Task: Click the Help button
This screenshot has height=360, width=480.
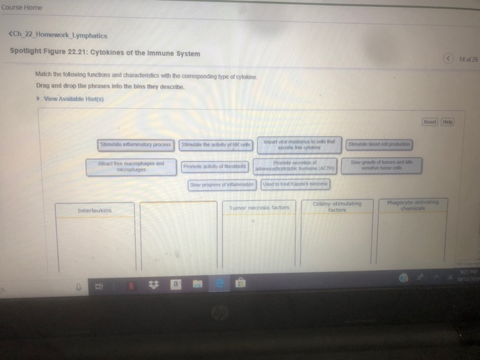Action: click(448, 121)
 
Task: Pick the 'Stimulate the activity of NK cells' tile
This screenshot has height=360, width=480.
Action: click(216, 145)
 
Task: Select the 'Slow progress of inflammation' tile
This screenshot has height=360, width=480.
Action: click(222, 184)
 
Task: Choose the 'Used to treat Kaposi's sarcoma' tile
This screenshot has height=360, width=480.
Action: click(296, 184)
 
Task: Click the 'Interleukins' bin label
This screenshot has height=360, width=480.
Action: click(95, 209)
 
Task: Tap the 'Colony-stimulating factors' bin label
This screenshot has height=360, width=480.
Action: click(336, 206)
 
